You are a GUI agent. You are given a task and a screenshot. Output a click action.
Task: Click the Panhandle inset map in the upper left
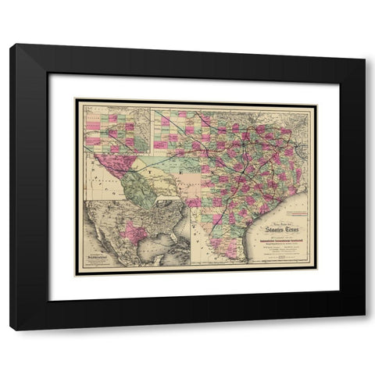(x=116, y=129)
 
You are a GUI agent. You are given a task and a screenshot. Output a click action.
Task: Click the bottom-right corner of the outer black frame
(x=364, y=330)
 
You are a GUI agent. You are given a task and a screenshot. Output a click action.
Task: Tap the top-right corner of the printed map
(x=316, y=100)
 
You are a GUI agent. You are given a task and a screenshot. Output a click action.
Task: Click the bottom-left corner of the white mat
(x=49, y=300)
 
